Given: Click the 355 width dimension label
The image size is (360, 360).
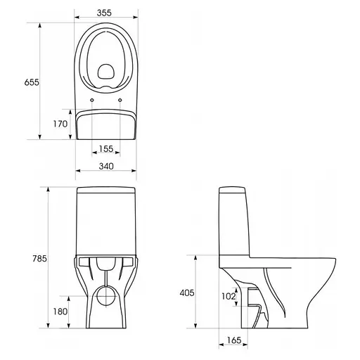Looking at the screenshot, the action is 104,13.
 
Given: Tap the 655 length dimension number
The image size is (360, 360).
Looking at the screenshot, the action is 32,82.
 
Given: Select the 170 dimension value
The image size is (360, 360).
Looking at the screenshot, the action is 60,124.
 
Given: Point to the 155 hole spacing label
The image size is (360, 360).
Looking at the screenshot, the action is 106,148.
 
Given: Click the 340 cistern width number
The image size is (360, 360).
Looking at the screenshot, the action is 106,166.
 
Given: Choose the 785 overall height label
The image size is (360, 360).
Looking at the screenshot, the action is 39,259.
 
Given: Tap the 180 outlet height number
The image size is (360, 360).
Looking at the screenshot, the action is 60,311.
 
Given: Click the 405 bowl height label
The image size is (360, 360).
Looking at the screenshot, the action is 187,292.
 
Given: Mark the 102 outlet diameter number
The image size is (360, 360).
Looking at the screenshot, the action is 229,296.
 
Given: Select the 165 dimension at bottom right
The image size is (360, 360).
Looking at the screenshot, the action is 234,340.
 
